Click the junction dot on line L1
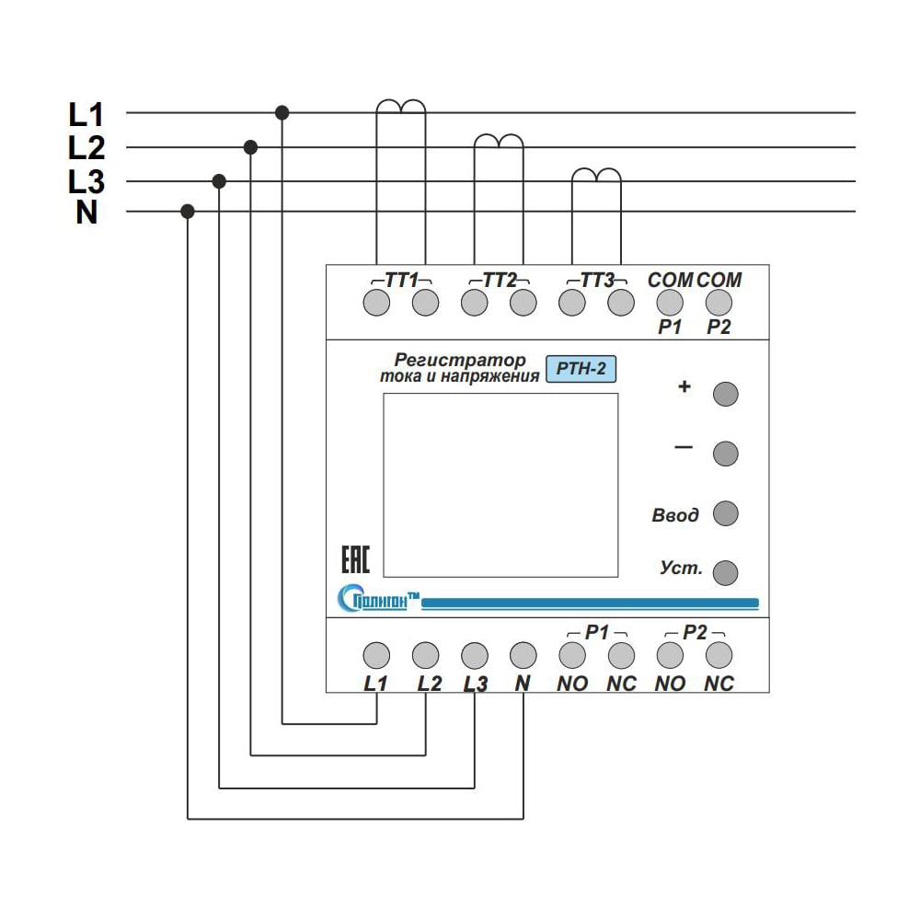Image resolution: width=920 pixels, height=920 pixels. [282, 112]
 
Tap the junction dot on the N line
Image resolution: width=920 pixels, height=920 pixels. [188, 212]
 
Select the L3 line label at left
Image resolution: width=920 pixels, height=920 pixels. [86, 181]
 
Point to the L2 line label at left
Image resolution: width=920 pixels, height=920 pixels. [86, 147]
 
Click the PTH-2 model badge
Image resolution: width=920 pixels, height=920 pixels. [581, 369]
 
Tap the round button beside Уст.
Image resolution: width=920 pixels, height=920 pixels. [725, 571]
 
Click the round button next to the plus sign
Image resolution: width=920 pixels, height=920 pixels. [725, 394]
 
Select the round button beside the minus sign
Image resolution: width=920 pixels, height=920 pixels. [725, 453]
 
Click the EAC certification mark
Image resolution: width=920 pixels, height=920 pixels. [355, 560]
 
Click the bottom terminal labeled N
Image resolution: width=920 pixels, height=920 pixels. [523, 655]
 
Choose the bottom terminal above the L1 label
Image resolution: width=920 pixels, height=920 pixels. [375, 655]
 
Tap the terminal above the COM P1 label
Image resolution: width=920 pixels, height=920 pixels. [670, 302]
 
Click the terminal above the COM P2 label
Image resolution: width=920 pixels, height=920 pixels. [719, 302]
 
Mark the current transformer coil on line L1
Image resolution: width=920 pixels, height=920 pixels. [400, 107]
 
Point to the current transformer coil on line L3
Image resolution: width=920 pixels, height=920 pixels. [596, 175]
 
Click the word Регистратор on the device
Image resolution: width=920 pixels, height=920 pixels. [460, 360]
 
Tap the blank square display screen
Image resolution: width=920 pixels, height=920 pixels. [500, 484]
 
